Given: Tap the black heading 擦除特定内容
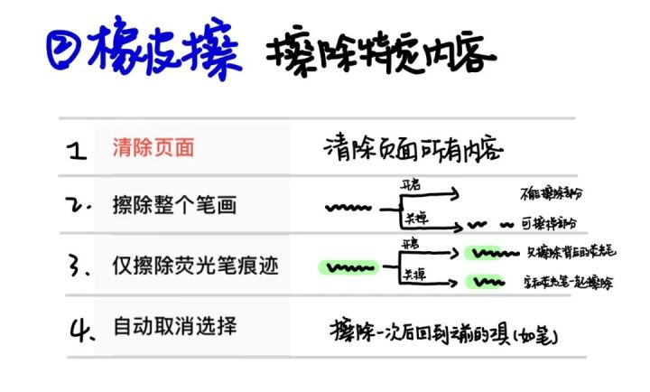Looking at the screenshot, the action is [380, 55].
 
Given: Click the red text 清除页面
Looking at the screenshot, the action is [153, 148].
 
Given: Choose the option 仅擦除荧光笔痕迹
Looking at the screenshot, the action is [195, 266].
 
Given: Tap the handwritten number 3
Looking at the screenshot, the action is [79, 267].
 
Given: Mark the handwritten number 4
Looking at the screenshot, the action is [79, 327].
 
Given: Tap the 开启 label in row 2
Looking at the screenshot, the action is [412, 184].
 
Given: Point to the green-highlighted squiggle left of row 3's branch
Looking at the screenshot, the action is [347, 267].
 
